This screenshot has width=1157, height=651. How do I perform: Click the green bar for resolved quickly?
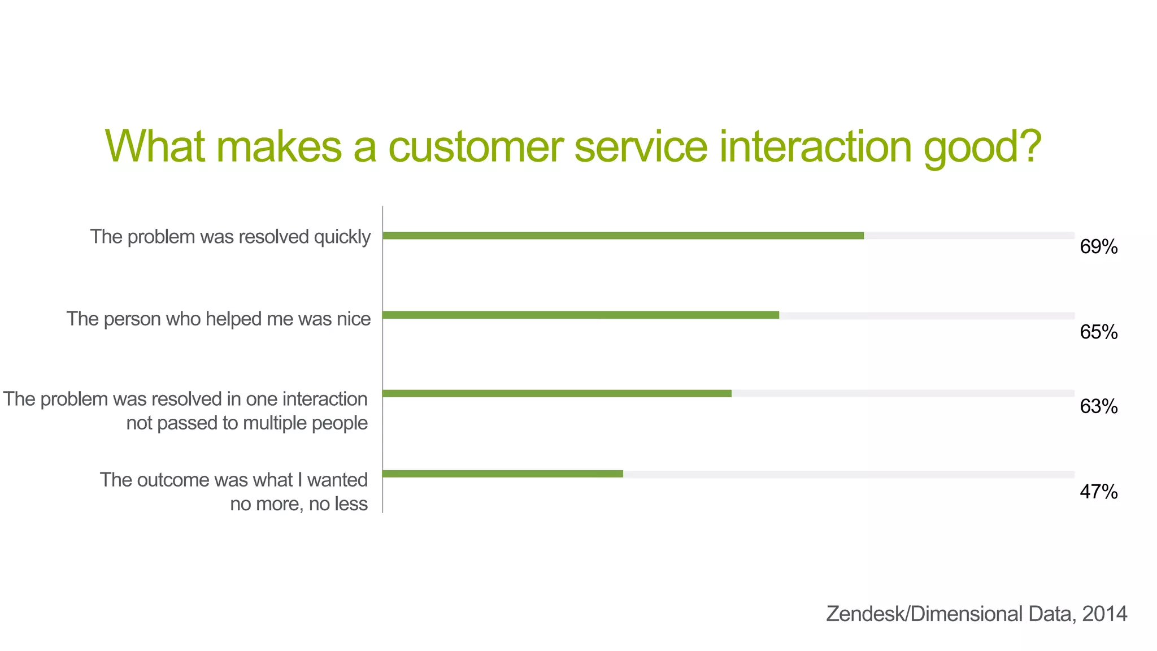pos(623,236)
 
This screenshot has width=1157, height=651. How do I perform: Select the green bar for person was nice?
pos(581,315)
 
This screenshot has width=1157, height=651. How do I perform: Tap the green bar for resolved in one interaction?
pos(557,393)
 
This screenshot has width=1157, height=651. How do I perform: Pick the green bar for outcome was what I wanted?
pos(503,474)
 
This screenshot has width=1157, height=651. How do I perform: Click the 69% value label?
pos(1098,247)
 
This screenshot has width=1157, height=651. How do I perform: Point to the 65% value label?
pos(1098,332)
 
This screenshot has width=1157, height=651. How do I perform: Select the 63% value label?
pos(1098,406)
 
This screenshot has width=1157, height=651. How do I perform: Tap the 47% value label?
pos(1098,492)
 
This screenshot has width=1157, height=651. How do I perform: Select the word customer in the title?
pos(476,146)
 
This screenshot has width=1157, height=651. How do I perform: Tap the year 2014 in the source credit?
pos(1104,614)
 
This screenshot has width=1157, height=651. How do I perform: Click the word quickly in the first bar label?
pos(342,237)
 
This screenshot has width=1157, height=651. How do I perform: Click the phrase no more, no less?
pos(298,504)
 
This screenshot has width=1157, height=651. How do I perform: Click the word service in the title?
pos(641,146)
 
